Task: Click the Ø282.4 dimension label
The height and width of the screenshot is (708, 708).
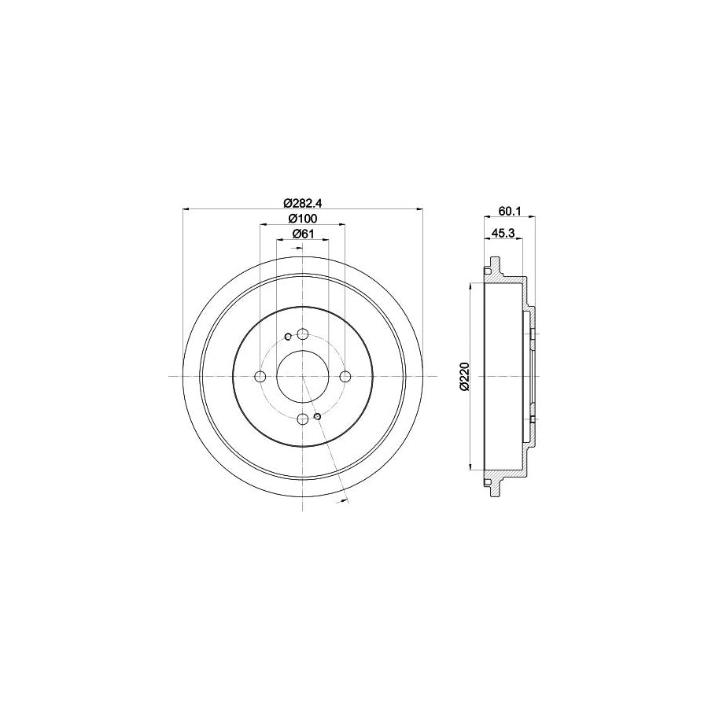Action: [x=303, y=201]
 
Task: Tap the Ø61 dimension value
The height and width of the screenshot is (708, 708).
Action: [x=303, y=234]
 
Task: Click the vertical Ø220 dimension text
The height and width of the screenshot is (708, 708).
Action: [x=464, y=377]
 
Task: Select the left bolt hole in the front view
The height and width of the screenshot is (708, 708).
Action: [x=260, y=377]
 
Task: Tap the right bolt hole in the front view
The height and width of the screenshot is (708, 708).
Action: [x=345, y=377]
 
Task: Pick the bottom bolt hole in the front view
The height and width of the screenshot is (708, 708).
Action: [x=303, y=419]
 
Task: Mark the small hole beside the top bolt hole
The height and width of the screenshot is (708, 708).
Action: [x=289, y=337]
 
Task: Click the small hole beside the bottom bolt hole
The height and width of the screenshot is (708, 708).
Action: [x=317, y=416]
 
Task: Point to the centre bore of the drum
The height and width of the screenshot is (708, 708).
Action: [x=303, y=377]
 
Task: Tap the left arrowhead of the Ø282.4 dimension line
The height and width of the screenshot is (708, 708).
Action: [x=185, y=209]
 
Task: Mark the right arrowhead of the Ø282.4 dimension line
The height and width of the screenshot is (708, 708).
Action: [x=421, y=209]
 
